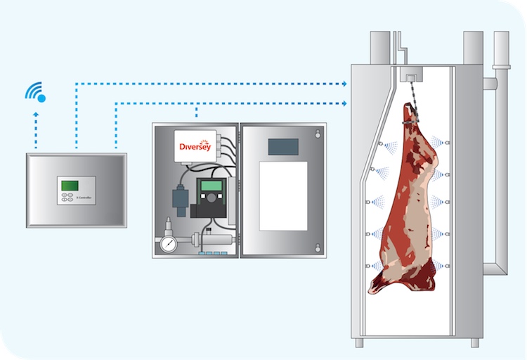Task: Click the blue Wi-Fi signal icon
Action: (x=36, y=92)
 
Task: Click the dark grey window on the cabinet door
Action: (x=283, y=146)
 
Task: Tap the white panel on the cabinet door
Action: (x=283, y=195)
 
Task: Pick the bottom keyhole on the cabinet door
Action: (x=318, y=247)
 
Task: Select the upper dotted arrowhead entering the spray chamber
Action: (x=345, y=84)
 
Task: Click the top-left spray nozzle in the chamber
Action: (x=379, y=145)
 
